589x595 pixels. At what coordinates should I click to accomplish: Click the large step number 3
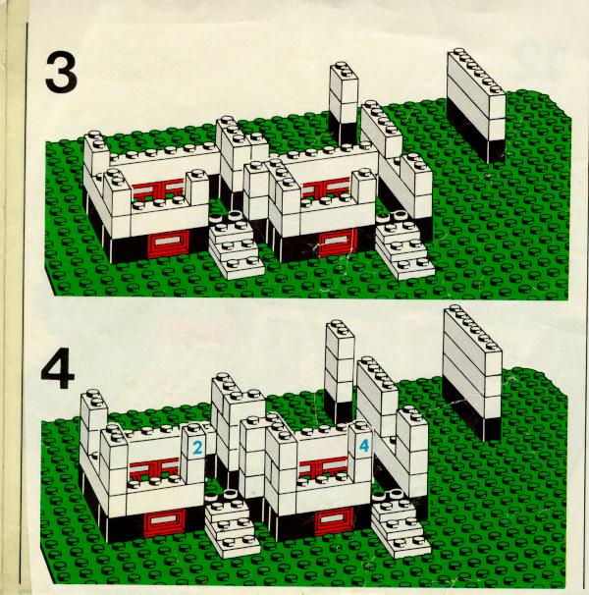[61, 74]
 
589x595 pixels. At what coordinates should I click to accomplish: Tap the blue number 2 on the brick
[196, 448]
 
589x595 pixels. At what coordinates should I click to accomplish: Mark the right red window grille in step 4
[321, 465]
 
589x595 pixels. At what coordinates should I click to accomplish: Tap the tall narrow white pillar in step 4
[340, 363]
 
